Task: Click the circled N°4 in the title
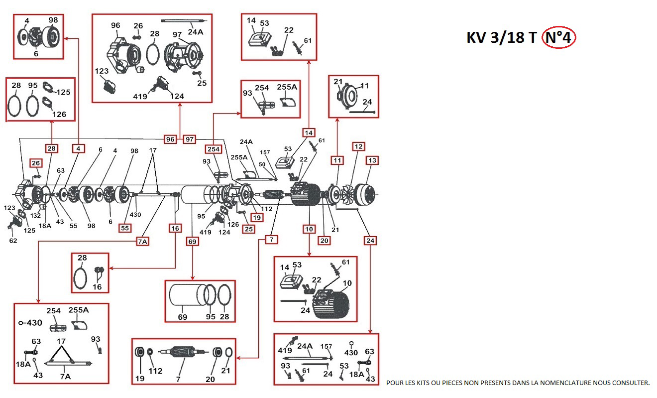click(558, 37)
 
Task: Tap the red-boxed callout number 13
click(372, 160)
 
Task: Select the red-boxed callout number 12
click(358, 146)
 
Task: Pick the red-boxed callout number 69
click(192, 242)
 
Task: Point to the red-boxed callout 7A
click(143, 242)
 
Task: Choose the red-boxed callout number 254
click(213, 149)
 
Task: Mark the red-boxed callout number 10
click(309, 229)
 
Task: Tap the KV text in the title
click(476, 38)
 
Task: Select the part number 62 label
click(13, 241)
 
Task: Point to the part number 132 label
click(35, 215)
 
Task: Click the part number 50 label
click(262, 164)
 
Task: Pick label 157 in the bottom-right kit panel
click(326, 346)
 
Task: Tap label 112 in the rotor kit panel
click(156, 371)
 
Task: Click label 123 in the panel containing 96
click(102, 71)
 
